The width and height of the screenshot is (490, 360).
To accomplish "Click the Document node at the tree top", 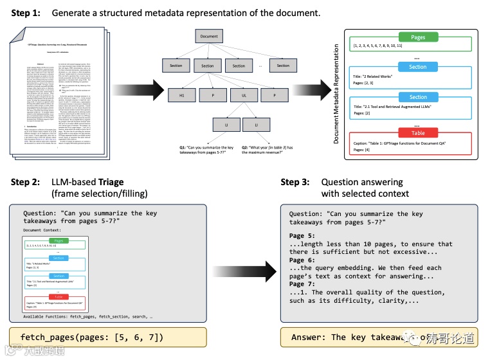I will [209, 37].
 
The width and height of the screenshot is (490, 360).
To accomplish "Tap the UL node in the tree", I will [239, 95].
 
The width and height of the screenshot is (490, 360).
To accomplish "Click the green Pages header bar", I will [418, 37].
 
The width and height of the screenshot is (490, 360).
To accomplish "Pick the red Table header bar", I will [418, 133].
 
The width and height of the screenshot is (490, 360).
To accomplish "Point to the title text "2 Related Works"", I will [383, 76].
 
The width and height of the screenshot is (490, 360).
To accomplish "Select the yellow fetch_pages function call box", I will [107, 337].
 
